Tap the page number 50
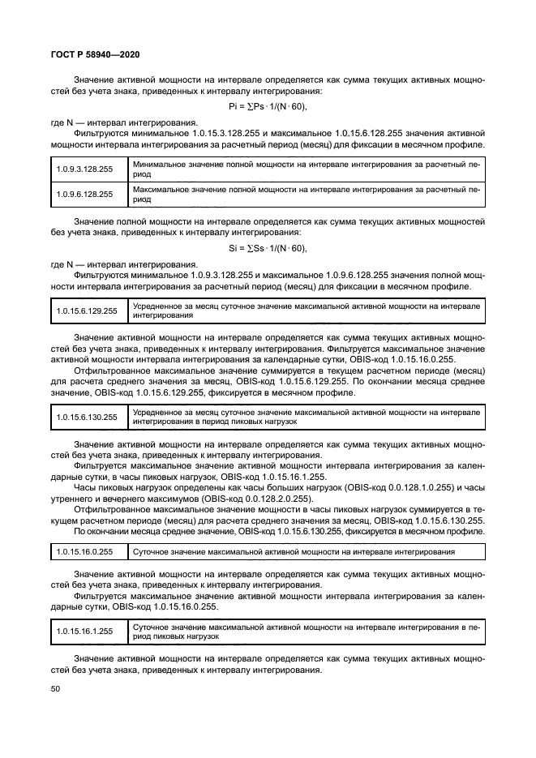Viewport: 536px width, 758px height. click(56, 688)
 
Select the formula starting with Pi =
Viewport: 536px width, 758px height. click(268, 107)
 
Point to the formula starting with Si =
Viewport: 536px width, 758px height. click(268, 248)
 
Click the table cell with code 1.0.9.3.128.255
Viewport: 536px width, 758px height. click(84, 169)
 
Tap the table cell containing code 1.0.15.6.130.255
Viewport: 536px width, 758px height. click(86, 418)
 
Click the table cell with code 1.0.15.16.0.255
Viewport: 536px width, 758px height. click(84, 551)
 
